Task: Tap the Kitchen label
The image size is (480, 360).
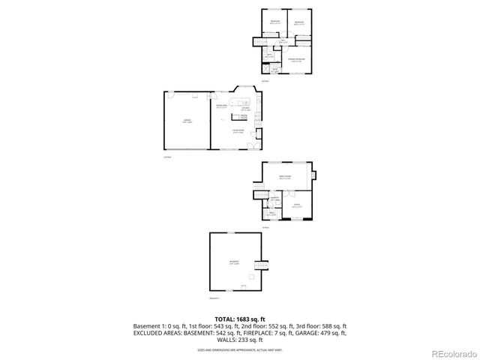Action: tap(245, 109)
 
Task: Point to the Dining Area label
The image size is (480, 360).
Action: tap(222, 107)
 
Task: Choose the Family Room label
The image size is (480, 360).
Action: tap(285, 177)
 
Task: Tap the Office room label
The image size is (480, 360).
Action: tap(296, 205)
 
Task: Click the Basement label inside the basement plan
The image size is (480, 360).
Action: tap(234, 263)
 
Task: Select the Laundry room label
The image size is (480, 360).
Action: tap(274, 199)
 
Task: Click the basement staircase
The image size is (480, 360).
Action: tap(261, 266)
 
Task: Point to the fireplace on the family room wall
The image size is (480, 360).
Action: tap(314, 177)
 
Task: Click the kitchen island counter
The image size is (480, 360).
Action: tap(243, 102)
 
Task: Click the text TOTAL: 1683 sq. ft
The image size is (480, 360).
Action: tap(239, 319)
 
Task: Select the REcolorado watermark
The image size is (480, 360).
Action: tap(451, 353)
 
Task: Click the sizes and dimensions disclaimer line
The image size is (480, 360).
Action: tap(239, 349)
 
